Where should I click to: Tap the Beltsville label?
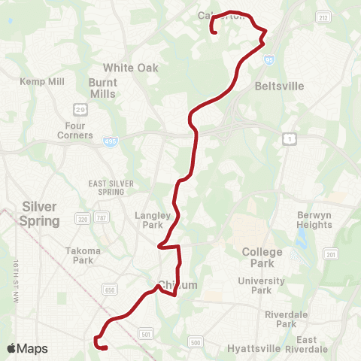click(x=279, y=86)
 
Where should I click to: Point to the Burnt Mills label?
click(x=102, y=88)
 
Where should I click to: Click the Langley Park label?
click(x=153, y=220)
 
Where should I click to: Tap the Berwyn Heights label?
click(x=314, y=220)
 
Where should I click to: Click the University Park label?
click(x=260, y=285)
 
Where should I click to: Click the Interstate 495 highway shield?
click(x=111, y=141)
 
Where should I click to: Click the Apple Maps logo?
click(x=27, y=348)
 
